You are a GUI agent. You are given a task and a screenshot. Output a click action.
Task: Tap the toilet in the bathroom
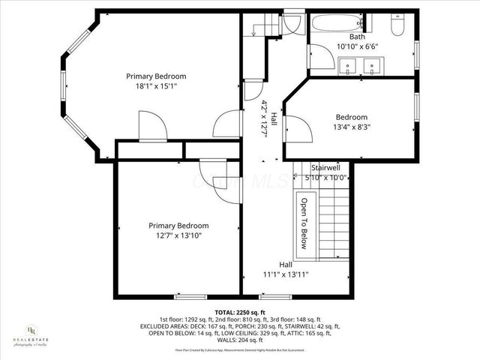[399, 27]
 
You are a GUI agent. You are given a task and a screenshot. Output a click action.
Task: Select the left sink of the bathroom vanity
[348, 67]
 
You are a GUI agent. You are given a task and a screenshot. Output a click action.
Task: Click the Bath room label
[357, 37]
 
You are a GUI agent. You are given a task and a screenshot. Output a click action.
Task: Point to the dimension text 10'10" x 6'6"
[357, 46]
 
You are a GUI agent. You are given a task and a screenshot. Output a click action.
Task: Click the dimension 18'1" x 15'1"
[156, 86]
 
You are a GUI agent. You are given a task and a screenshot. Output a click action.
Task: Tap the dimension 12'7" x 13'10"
[178, 235]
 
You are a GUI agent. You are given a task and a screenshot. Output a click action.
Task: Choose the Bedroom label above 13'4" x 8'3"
[351, 117]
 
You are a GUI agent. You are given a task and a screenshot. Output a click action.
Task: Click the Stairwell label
[326, 167]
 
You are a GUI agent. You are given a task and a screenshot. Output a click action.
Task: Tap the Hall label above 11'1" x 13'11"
[286, 265]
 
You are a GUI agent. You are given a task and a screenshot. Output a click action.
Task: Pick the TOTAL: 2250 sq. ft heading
[240, 312]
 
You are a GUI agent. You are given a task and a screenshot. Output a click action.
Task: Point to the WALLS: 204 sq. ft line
[240, 340]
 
